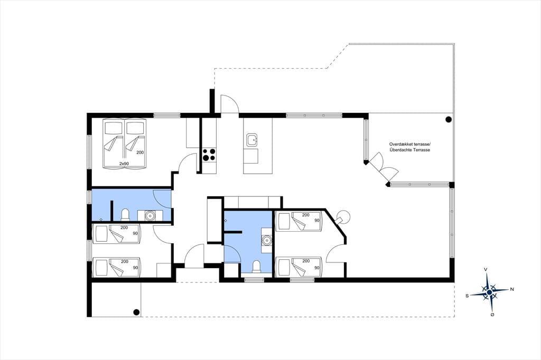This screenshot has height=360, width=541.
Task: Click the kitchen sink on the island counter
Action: tap(252, 140)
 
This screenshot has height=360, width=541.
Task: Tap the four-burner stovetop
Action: tap(209, 155)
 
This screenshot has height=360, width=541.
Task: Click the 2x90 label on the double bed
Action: tap(124, 164)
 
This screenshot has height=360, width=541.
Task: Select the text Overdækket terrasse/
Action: tap(410, 145)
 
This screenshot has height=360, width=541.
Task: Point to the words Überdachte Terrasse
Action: tap(410, 150)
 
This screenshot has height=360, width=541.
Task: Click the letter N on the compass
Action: tap(512, 289)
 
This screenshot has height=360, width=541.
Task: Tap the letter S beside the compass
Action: tap(467, 296)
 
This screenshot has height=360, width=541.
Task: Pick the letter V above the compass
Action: tap(486, 269)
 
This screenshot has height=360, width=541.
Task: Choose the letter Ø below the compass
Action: tap(492, 315)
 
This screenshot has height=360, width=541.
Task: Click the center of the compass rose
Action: tap(489, 292)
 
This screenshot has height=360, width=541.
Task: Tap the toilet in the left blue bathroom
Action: tap(125, 214)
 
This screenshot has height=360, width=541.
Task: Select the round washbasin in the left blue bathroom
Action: tap(150, 215)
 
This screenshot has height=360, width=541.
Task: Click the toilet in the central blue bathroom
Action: tap(256, 267)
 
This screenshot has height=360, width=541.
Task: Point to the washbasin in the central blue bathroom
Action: tap(266, 240)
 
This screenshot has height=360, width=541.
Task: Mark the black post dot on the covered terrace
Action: tap(449, 120)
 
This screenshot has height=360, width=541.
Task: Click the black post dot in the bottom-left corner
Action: tap(136, 312)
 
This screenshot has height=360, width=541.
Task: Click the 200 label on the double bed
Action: tap(139, 153)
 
